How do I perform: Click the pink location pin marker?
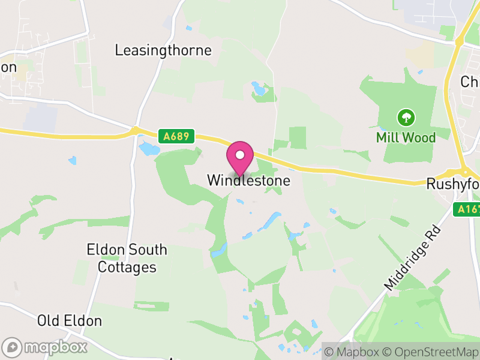(240, 158)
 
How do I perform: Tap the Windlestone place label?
(248, 180)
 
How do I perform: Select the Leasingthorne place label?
(163, 50)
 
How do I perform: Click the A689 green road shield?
(178, 137)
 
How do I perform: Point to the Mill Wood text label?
(406, 137)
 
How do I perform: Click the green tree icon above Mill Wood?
(406, 116)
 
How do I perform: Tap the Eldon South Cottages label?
(127, 258)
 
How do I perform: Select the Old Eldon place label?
(70, 321)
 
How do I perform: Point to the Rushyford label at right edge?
(453, 184)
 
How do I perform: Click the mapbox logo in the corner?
(45, 347)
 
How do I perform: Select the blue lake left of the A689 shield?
(148, 147)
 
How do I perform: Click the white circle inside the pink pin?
(240, 155)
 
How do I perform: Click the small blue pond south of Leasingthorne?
(259, 90)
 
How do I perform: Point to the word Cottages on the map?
(127, 267)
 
